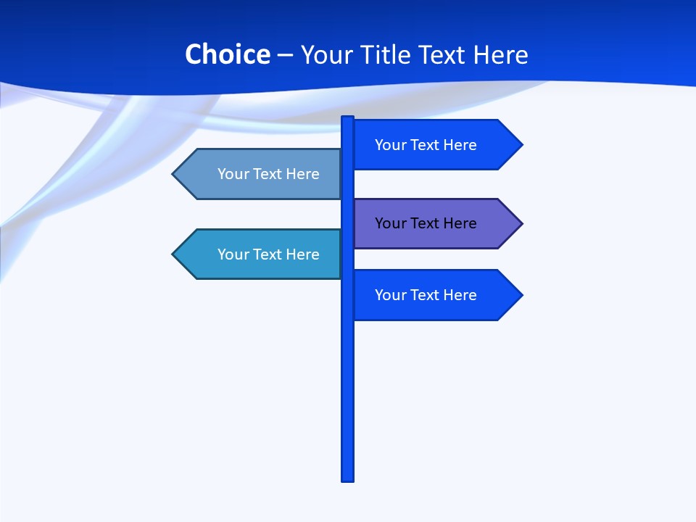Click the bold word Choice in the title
click(227, 54)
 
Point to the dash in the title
click(285, 55)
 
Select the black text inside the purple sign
click(426, 223)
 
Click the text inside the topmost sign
click(426, 145)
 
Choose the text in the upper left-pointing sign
click(268, 174)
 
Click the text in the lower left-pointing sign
click(268, 254)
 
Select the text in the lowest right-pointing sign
click(426, 295)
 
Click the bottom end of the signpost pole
click(348, 479)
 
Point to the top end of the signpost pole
click(348, 118)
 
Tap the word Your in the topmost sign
click(390, 145)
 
